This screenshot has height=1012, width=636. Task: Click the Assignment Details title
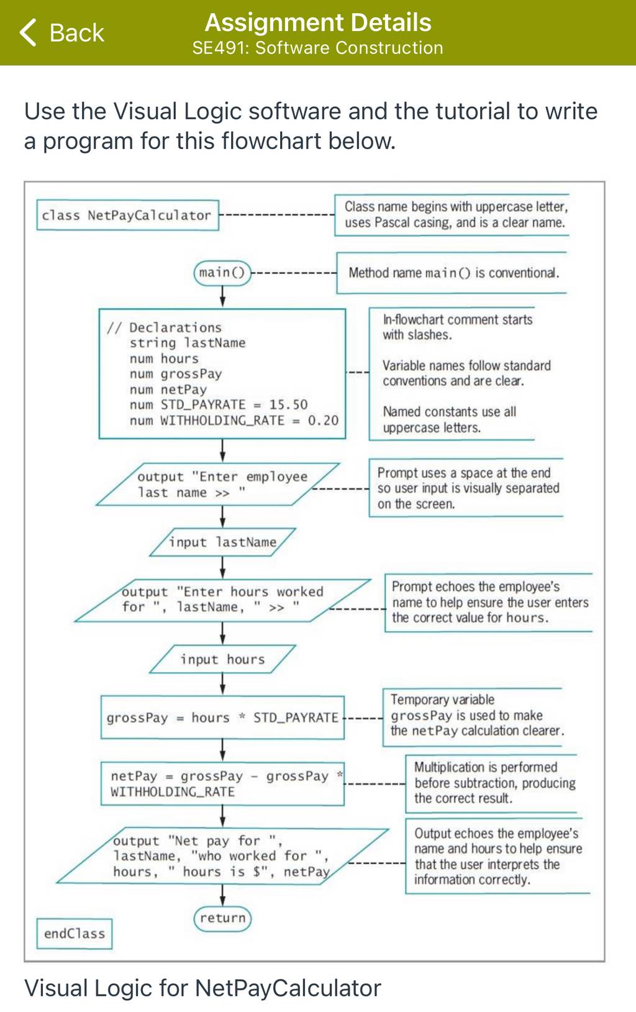coord(318,22)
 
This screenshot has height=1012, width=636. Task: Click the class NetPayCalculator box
coord(127,215)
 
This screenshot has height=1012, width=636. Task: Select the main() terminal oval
coord(222,273)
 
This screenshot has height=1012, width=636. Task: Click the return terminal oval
coord(222,918)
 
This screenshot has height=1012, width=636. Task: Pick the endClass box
coord(74,933)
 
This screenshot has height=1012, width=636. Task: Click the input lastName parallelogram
coord(222,542)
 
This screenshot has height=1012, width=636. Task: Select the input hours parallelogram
coord(222,659)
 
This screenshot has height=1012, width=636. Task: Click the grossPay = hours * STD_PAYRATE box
coord(222,718)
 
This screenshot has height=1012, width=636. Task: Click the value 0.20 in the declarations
coord(323,420)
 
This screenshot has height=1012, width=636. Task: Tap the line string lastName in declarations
coord(188,343)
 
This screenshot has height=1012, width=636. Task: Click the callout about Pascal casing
coord(452,214)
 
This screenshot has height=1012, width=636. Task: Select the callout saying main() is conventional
coord(452,273)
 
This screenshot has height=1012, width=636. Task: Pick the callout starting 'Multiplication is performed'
coord(491,783)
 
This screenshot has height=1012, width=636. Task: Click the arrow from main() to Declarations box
coord(222,296)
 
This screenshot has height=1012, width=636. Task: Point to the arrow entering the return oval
coord(222,895)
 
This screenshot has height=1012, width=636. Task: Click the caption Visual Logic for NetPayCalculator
coord(202,988)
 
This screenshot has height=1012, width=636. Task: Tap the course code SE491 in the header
coord(220,48)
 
